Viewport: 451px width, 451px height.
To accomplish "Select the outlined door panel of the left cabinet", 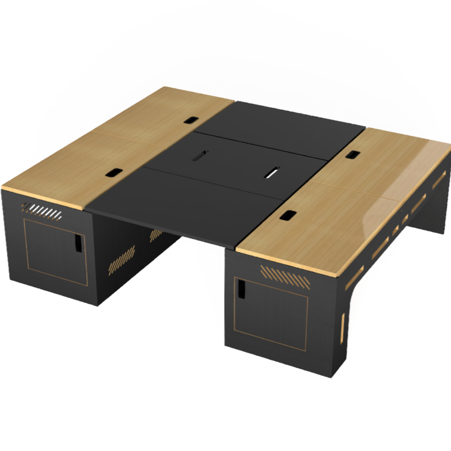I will (56, 252).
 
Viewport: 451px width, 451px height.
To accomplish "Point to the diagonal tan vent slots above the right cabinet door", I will (285, 276).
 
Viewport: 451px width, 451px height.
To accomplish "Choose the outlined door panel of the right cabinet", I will (270, 312).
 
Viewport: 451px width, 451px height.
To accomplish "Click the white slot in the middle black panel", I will (272, 172).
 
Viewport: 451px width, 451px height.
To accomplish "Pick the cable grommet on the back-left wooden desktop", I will (190, 120).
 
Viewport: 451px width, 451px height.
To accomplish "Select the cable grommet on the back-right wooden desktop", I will (353, 154).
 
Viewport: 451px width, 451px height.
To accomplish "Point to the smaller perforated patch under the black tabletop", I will (156, 235).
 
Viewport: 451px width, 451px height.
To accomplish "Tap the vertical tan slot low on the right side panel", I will (343, 325).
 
